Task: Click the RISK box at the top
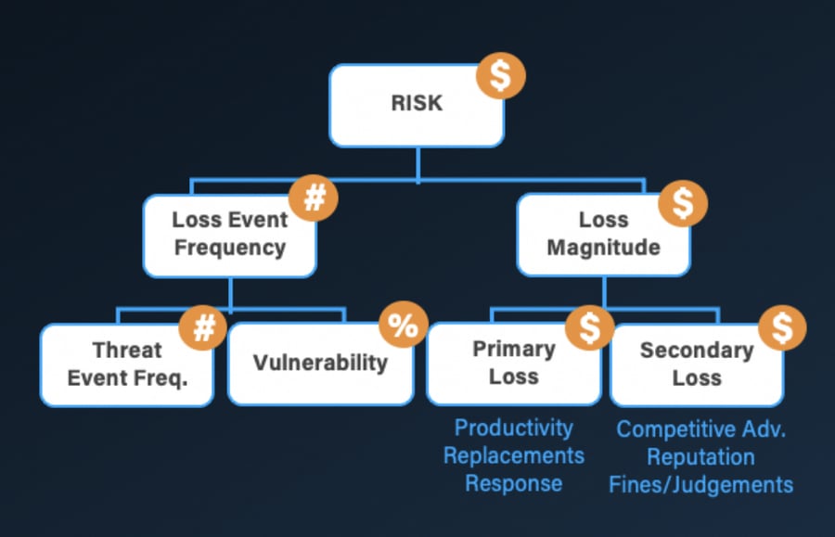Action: (417, 105)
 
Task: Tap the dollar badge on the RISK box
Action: (501, 76)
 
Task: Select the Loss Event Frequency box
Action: (229, 234)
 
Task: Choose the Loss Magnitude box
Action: (603, 234)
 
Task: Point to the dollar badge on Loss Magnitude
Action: (683, 203)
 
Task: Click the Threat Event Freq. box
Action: (127, 364)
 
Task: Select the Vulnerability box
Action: (320, 363)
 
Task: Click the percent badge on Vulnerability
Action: (403, 326)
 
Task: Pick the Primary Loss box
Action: (513, 363)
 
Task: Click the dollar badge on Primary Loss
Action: (590, 326)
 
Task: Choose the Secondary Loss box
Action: (696, 364)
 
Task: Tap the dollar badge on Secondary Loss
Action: (781, 326)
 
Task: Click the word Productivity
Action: (513, 428)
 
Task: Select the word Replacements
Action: (513, 455)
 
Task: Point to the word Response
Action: (513, 483)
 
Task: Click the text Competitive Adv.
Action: (700, 430)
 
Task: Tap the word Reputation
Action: (700, 457)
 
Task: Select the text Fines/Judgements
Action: (700, 484)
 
